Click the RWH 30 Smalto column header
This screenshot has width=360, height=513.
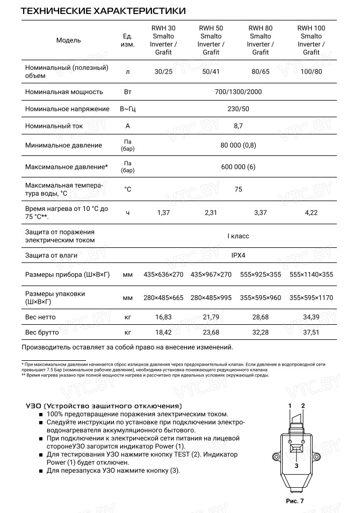coord(163,40)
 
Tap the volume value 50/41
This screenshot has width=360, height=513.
coord(211,71)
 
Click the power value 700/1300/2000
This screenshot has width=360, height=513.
coord(238,92)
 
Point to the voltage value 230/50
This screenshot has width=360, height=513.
coord(238,109)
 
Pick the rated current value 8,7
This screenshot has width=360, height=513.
coord(238,126)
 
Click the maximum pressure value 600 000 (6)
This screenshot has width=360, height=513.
coord(238,167)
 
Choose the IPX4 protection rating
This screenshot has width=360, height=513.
coord(238,255)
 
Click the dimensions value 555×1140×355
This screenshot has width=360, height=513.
coord(311,275)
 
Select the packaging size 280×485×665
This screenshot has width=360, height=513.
coord(163,298)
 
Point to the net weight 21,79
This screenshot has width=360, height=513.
coord(211,317)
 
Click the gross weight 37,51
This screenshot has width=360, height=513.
coord(311,332)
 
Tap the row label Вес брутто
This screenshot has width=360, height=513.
coord(41,332)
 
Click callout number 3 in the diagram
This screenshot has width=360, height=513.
coord(296,466)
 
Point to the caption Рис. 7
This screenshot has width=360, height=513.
coord(294,501)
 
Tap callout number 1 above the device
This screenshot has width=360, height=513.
coord(290,405)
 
